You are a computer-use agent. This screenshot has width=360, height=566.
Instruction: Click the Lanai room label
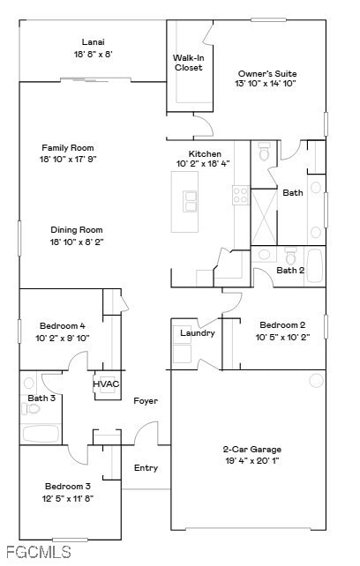[93, 41]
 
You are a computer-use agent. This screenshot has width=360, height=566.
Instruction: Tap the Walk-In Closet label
[188, 63]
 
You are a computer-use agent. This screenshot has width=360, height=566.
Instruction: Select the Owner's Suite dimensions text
[266, 84]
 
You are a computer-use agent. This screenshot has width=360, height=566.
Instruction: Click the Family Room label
[67, 147]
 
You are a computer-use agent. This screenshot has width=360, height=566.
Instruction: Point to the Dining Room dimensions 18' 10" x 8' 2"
[76, 242]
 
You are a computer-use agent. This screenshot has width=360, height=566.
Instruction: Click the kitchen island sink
[188, 202]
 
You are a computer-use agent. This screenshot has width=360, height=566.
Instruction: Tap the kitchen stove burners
[241, 195]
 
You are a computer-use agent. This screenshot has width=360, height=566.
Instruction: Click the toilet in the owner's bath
[264, 153]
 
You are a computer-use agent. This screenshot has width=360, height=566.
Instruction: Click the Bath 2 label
[290, 270]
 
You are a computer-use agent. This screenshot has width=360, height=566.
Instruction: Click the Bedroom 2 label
[282, 324]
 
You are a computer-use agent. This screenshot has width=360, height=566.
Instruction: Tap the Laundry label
[197, 332]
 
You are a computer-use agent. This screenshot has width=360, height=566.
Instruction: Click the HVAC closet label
[106, 384]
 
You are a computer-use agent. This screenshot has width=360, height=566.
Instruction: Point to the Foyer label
[146, 401]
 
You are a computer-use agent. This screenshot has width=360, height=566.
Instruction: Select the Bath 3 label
[41, 398]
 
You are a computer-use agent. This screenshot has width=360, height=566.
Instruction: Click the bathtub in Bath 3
[41, 434]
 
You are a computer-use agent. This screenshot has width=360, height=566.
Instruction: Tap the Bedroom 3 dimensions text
[69, 498]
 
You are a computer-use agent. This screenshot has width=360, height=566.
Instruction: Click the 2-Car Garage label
[251, 449]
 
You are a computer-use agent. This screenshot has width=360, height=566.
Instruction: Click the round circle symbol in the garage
[316, 380]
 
